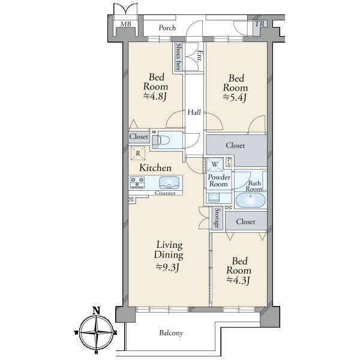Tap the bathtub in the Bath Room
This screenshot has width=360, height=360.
[250, 200]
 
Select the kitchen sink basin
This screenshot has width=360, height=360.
[169, 183]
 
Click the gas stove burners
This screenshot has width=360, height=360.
[137, 182]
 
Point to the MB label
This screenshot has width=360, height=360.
[126, 24]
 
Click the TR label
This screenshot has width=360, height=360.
[260, 24]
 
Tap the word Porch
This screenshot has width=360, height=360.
[167, 28]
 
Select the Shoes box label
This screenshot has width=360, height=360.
[178, 57]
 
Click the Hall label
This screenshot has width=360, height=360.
[194, 112]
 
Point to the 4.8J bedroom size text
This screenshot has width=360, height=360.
[155, 96]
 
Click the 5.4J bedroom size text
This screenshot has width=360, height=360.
[235, 97]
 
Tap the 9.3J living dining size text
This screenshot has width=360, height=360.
[167, 267]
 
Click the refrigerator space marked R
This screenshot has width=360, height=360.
[138, 153]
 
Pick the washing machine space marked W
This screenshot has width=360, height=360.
[215, 164]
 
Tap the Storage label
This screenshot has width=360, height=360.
[217, 218]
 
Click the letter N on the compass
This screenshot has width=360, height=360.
[96, 311]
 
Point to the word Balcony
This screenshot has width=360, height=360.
[171, 333]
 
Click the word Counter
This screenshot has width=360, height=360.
[166, 193]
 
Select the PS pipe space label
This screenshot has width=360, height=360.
[229, 161]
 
